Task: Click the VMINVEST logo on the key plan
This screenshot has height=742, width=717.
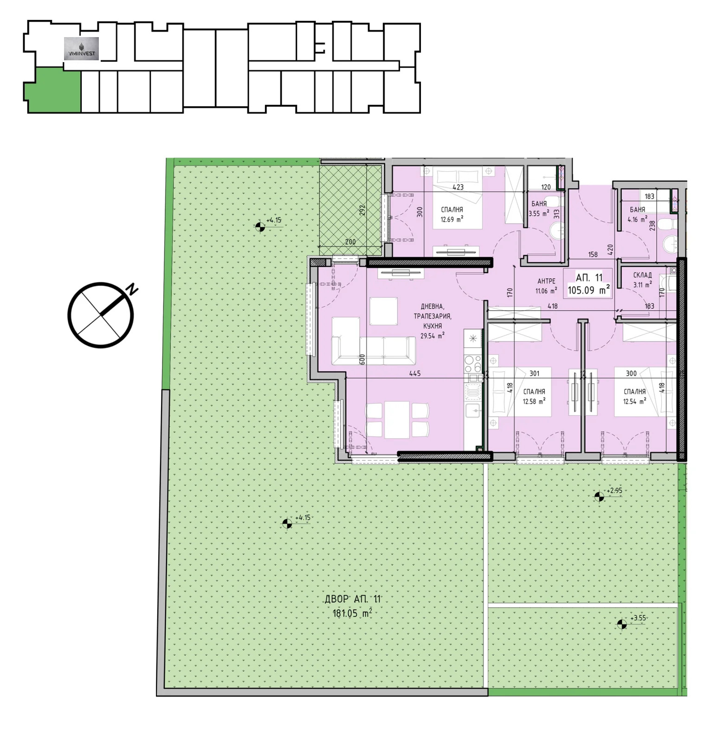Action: (x=81, y=49)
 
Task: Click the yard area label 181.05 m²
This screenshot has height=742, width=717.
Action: (x=352, y=613)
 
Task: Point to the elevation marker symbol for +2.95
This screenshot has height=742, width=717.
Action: (x=599, y=497)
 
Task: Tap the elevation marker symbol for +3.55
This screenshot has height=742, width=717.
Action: (x=622, y=624)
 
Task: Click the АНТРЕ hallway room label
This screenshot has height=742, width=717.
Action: (x=546, y=281)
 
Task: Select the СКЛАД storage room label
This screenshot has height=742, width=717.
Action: (x=642, y=275)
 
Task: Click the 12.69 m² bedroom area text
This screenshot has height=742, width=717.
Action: (x=452, y=219)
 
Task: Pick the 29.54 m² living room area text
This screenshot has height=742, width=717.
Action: (x=432, y=336)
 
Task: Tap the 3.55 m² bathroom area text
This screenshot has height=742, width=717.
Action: (x=539, y=214)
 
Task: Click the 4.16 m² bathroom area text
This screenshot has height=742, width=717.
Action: (x=637, y=219)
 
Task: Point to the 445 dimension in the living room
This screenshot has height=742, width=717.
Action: (x=415, y=373)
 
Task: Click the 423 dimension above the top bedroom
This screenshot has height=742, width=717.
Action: (x=458, y=187)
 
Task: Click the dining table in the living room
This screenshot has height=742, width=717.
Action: (x=397, y=420)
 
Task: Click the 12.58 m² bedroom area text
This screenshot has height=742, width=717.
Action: (x=534, y=402)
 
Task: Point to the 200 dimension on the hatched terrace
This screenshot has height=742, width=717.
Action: (x=350, y=242)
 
